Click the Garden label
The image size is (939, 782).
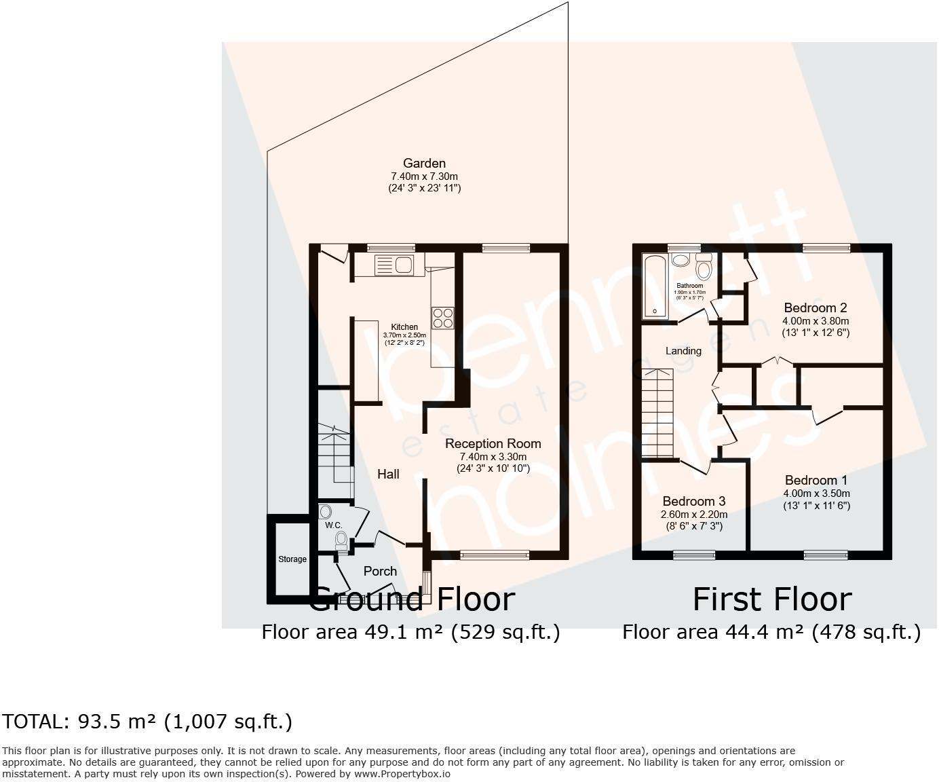pyautogui.click(x=424, y=163)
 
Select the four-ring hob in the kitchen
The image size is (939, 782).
pyautogui.click(x=443, y=318)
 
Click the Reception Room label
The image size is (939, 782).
pyautogui.click(x=493, y=443)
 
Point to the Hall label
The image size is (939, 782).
pyautogui.click(x=388, y=474)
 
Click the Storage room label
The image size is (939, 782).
pyautogui.click(x=292, y=559)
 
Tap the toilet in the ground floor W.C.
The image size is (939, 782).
pyautogui.click(x=341, y=540)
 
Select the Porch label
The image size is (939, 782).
pyautogui.click(x=380, y=571)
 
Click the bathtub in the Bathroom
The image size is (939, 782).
pyautogui.click(x=655, y=286)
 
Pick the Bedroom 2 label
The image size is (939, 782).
pyautogui.click(x=815, y=308)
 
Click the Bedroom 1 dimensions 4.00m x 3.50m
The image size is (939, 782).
pyautogui.click(x=816, y=494)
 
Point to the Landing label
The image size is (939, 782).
pyautogui.click(x=683, y=351)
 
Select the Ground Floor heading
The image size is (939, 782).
pyautogui.click(x=412, y=599)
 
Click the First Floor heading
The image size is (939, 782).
pyautogui.click(x=771, y=599)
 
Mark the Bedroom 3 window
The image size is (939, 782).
pyautogui.click(x=694, y=555)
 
